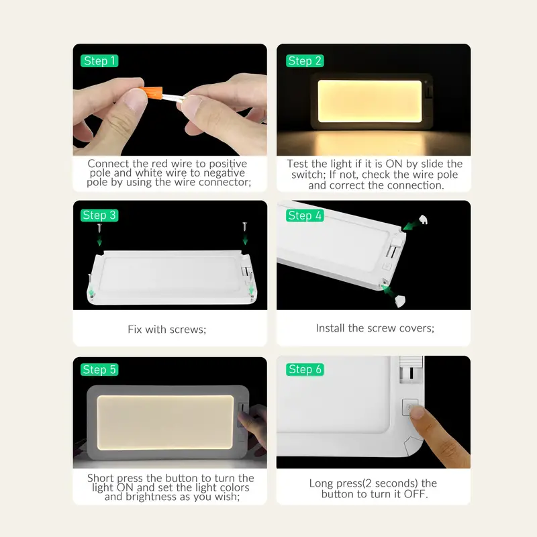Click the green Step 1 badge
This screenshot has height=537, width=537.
coord(99,61)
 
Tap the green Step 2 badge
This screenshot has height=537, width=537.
coord(305,61)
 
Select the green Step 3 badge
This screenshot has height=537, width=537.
coord(99,215)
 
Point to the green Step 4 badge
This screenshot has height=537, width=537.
coord(305,215)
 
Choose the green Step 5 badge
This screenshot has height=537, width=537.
coord(99,370)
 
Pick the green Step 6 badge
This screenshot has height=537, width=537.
coord(305,370)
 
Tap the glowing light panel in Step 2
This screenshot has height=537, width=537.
coord(370,101)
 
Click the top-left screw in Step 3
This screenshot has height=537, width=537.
coord(99,228)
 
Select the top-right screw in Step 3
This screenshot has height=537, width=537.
coord(245,227)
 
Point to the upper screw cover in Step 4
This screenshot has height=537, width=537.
coord(424,219)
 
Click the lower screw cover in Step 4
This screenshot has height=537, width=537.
coord(400,301)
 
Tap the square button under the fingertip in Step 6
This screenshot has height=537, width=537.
coord(410,407)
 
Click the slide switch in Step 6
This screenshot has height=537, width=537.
coord(411,369)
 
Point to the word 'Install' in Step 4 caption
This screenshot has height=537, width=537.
coord(330,328)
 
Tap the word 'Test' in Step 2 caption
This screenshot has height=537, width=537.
coord(297,164)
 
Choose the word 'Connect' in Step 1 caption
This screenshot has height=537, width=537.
coord(109,163)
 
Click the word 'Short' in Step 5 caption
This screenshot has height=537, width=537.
coord(99,478)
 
